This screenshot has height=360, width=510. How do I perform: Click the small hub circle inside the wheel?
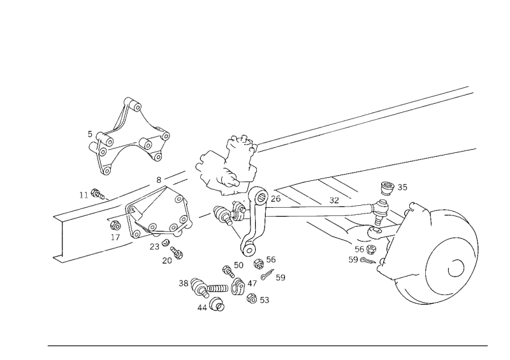pos(456,268)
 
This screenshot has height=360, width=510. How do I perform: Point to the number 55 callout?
pos(402,187)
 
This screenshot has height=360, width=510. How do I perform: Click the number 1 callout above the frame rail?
pos(84,192)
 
